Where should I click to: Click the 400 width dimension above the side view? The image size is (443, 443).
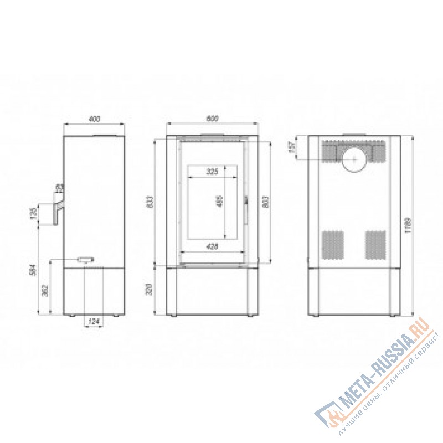(x=94, y=118)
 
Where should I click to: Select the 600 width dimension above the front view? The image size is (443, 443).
(x=212, y=118)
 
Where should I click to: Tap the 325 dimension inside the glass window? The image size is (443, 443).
(x=212, y=172)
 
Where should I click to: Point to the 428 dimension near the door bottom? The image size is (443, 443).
(x=212, y=246)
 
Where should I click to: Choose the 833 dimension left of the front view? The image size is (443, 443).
(x=148, y=202)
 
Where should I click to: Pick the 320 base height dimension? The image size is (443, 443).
(x=148, y=291)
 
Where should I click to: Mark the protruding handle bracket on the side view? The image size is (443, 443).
(x=58, y=210)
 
